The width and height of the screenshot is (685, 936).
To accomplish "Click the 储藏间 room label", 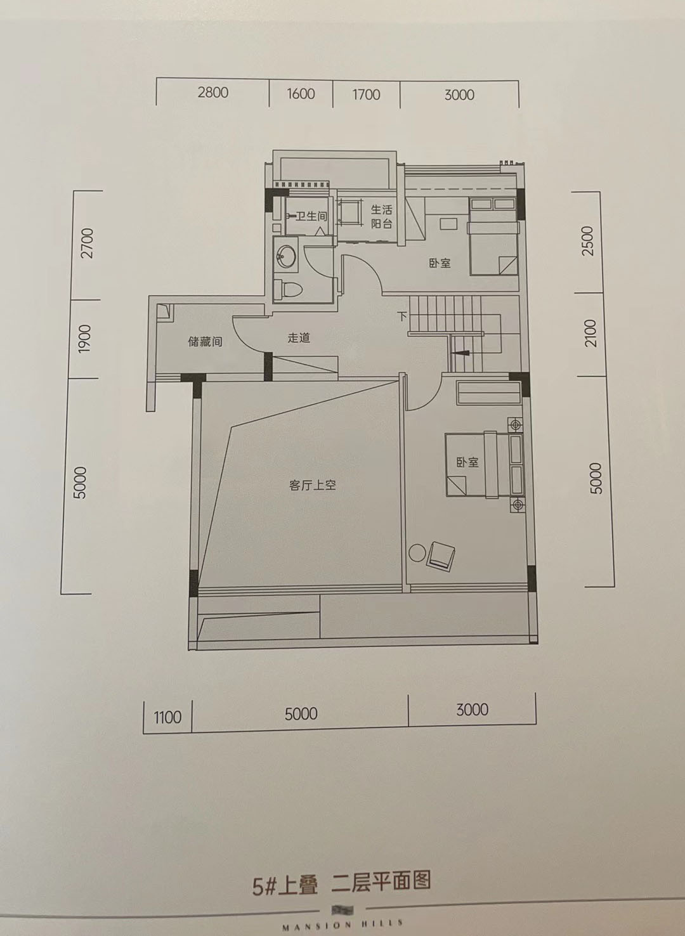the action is (x=205, y=342).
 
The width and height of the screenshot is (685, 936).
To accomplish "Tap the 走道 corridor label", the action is (x=299, y=337).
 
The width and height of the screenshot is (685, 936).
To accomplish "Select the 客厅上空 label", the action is (x=312, y=485).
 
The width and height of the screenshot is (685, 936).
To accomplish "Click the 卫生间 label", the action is (x=311, y=216).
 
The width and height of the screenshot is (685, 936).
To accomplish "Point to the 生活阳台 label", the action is (x=382, y=216).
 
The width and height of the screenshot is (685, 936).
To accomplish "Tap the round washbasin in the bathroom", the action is (x=286, y=256).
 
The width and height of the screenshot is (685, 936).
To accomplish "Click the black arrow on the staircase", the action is (x=462, y=353).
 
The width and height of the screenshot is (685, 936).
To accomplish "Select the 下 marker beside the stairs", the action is (x=402, y=316).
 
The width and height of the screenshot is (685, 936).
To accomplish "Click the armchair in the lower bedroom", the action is (x=441, y=556).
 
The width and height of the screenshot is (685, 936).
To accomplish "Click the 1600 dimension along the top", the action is (x=301, y=93).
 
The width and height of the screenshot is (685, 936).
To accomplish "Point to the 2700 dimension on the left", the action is (x=88, y=243).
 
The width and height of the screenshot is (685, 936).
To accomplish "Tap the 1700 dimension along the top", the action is (x=366, y=94).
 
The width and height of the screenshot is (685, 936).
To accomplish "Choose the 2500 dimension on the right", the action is (x=587, y=241).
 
